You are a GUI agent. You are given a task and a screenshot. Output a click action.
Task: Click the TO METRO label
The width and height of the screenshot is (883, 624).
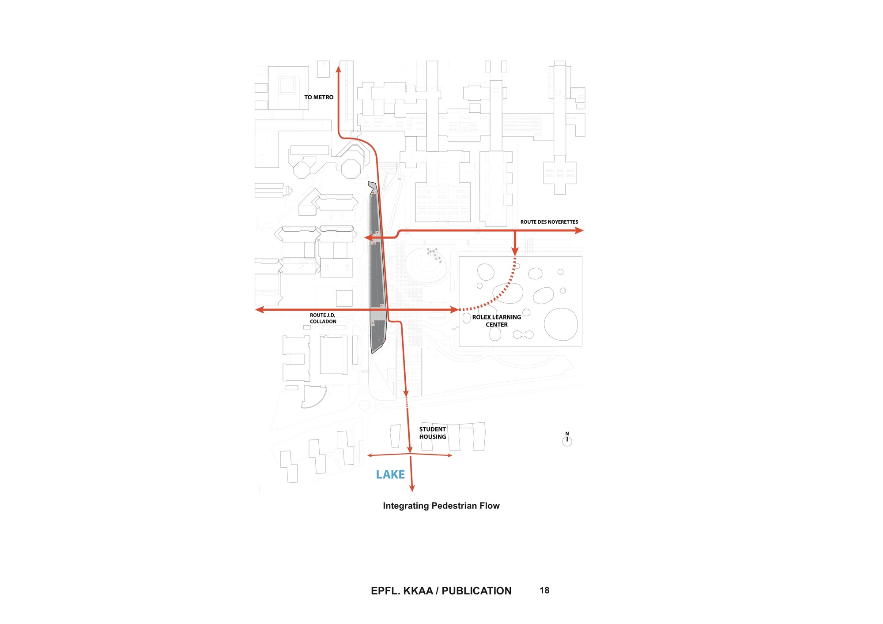coord(319,97)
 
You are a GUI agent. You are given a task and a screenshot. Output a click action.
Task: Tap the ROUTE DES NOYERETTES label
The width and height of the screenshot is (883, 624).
coord(549,222)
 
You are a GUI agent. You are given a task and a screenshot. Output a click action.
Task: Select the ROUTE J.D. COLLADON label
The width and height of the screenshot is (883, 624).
coord(323,318)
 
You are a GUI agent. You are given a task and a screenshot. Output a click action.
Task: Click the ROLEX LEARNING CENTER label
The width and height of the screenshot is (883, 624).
coord(497,321)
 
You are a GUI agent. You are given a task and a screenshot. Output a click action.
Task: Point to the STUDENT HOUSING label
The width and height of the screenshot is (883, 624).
coord(433,433)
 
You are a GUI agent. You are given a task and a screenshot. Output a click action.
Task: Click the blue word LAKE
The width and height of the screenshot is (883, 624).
coord(390,474)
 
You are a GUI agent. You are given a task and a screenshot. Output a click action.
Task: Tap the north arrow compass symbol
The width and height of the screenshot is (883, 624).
coord(567,440)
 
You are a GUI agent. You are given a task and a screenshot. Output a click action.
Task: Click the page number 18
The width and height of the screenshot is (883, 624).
coord(544,590)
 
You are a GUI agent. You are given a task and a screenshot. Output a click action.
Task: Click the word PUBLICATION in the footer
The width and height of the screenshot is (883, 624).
coord(476,591)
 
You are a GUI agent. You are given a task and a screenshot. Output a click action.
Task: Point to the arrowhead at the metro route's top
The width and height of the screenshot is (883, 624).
coord(339,69)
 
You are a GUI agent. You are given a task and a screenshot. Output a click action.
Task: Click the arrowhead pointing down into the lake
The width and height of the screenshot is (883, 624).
coord(412,488)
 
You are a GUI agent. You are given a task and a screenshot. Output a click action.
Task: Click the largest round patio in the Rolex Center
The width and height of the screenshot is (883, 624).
coord(561,324)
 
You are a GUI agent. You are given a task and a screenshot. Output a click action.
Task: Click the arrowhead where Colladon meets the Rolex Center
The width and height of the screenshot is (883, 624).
coord(454,310)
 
